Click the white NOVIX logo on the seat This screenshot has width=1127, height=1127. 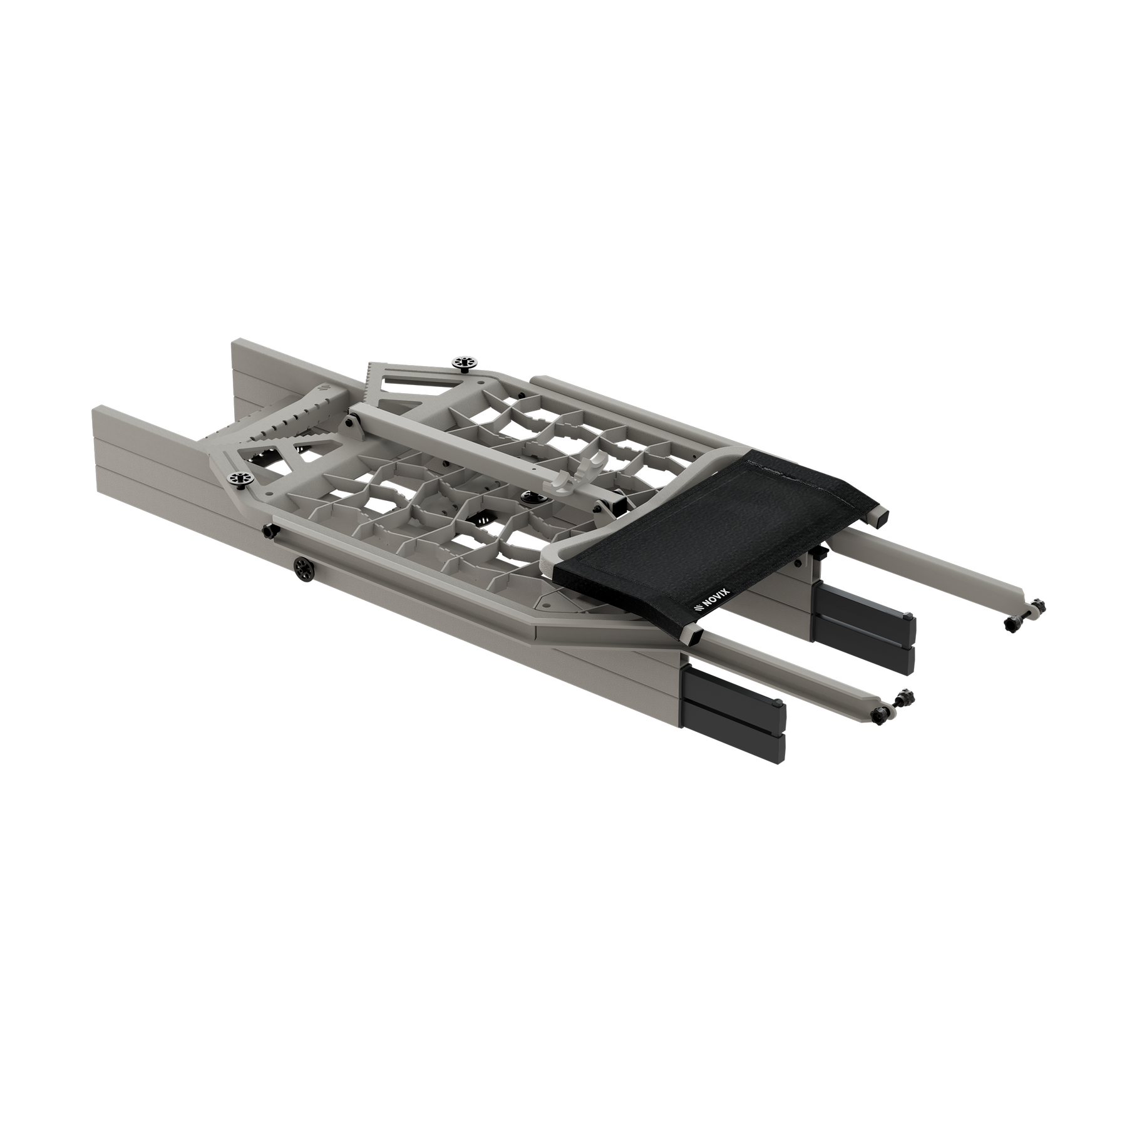coord(706,606)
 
